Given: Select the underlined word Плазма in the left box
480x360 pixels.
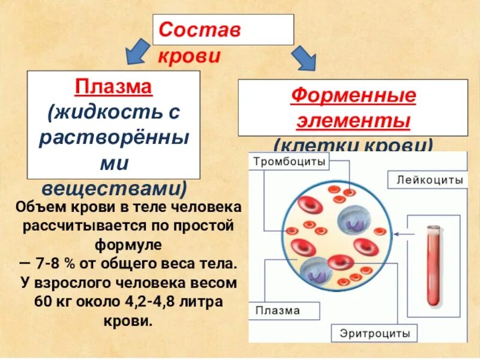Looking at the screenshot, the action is tap(114, 88).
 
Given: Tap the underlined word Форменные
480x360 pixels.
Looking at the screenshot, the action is tap(353, 96).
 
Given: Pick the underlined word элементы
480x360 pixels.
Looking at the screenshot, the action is tap(353, 121).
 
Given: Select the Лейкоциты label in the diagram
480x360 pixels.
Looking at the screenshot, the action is tap(429, 179).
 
